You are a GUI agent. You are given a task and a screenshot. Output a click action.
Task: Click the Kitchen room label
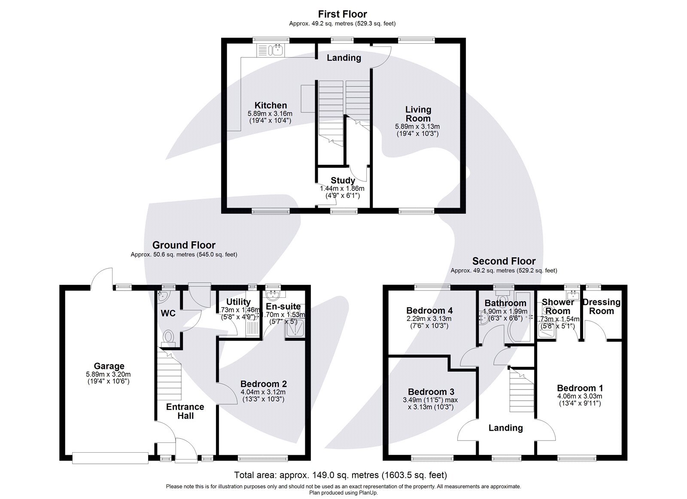(x=271, y=106)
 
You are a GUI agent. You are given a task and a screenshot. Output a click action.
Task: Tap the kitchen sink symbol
(x=274, y=51)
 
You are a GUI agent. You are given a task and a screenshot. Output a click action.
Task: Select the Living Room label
(x=418, y=114)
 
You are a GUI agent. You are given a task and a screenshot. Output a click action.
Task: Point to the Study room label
(x=343, y=181)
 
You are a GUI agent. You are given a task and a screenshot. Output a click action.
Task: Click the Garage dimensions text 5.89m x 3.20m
(x=109, y=374)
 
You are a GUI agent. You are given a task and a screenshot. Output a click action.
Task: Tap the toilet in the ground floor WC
(x=168, y=337)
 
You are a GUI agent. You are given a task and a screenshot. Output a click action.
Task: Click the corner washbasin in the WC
(x=163, y=295)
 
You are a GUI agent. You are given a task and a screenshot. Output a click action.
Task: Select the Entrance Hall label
(x=185, y=411)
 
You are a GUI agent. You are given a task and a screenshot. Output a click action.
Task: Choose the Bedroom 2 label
(x=263, y=384)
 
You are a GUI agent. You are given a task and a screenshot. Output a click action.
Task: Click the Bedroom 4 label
(x=429, y=310)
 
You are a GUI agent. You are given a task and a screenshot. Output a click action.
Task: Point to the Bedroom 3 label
(x=431, y=392)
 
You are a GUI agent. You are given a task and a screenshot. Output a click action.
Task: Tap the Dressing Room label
(x=601, y=306)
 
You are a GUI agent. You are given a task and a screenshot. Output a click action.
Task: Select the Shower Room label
(x=557, y=306)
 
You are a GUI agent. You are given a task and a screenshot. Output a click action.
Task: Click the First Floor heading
(x=342, y=14)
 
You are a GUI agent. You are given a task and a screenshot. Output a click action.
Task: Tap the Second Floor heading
(x=504, y=261)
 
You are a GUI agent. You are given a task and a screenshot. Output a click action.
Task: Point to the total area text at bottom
(x=340, y=475)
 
